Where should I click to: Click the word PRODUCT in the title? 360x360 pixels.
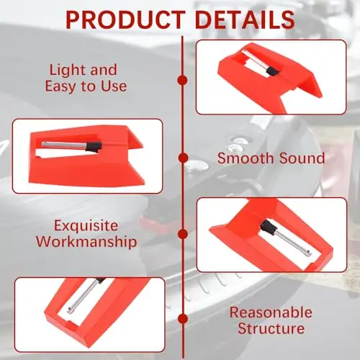125,19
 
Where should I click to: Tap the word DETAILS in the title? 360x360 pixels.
245,19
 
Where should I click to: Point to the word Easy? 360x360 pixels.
60,87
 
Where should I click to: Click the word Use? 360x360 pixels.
114,86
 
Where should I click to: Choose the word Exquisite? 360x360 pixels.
86,226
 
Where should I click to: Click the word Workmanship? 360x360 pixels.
86,242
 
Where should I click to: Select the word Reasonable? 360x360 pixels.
271,312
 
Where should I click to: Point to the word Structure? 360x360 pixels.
271,328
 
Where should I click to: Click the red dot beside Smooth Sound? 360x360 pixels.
183,158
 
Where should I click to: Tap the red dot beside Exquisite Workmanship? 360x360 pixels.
183,234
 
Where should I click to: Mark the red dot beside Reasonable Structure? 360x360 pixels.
183,319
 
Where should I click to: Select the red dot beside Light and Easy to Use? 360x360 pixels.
183,80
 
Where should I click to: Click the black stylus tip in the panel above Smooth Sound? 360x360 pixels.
273,71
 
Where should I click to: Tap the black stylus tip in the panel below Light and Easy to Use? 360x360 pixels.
94,147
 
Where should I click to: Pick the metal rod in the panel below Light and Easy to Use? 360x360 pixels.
64,145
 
